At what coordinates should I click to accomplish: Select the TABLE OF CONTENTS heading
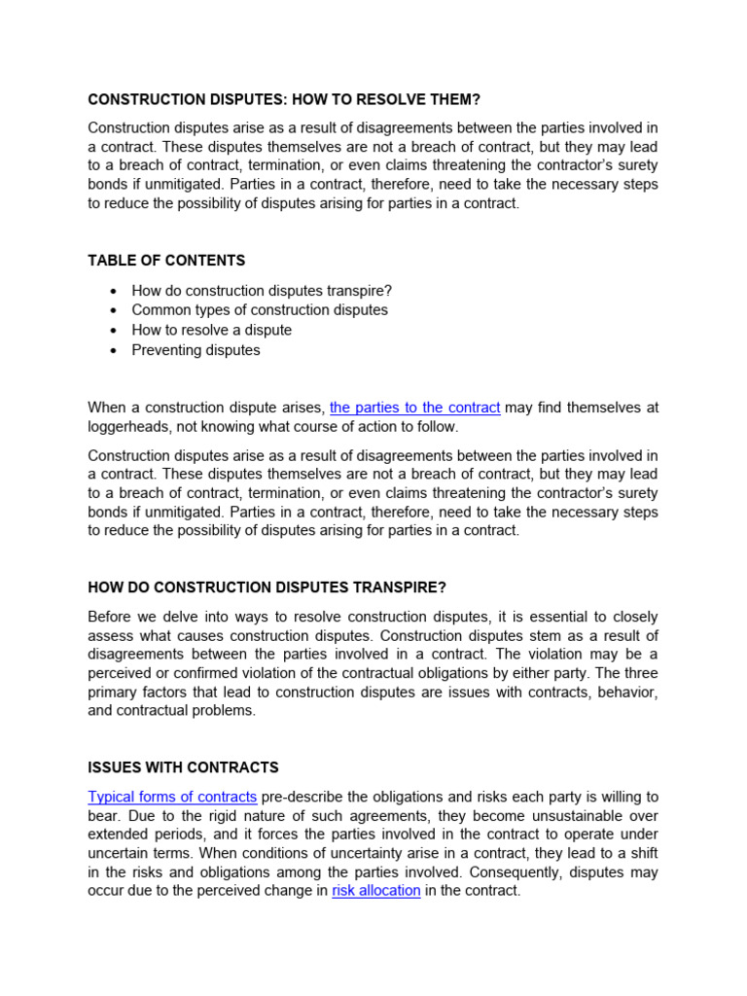pos(166,261)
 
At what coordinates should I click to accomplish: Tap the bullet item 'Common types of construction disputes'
pos(260,310)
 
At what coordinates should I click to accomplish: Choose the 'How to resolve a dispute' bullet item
pos(211,330)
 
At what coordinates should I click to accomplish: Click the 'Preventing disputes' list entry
pos(196,350)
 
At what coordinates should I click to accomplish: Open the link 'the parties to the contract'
pos(415,408)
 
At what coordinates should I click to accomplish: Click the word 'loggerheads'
pos(127,427)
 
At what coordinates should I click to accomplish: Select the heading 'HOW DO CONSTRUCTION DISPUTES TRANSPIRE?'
pos(267,587)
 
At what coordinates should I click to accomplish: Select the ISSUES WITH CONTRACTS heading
pos(183,767)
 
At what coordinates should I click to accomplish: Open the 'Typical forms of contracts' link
pos(172,797)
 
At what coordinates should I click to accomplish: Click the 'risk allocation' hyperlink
pos(375,890)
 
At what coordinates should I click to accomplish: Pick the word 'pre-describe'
pos(303,797)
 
